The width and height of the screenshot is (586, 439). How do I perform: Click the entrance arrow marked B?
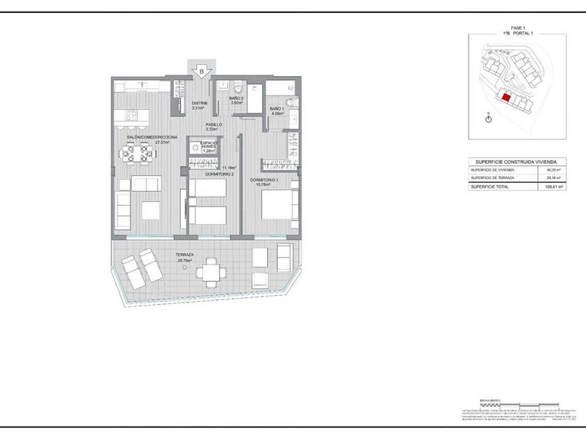click(200, 72)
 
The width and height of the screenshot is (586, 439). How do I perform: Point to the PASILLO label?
click(214, 124)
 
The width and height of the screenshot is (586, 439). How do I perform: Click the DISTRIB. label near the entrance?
click(200, 104)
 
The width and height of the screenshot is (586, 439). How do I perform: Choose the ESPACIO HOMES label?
click(209, 146)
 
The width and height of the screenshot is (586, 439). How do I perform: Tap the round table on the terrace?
click(213, 271)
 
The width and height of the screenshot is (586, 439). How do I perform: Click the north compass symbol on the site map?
click(488, 118)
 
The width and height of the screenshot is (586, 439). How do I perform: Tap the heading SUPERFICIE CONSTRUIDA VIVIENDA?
click(515, 162)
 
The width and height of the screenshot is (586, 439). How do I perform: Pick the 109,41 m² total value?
click(554, 186)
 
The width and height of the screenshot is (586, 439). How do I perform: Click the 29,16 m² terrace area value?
click(555, 178)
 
